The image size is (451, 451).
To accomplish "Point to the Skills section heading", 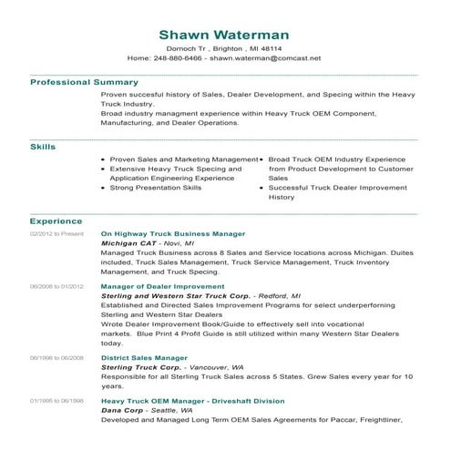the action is point(43,146).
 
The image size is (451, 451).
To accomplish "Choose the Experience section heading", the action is point(56,221).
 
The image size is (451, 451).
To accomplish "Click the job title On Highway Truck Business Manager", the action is point(172,234).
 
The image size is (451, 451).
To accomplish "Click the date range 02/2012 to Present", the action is point(56,234).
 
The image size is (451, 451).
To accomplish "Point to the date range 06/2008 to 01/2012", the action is point(56,286).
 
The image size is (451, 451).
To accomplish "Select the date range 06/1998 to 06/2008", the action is point(56,359).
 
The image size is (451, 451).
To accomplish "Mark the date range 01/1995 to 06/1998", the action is point(56,401).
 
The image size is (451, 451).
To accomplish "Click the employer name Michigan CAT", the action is point(127,245).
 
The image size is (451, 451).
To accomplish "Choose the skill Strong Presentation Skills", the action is point(156,188).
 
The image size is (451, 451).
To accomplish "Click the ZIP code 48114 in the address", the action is point(271,47).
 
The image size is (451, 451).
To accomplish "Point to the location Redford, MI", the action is point(279,296).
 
